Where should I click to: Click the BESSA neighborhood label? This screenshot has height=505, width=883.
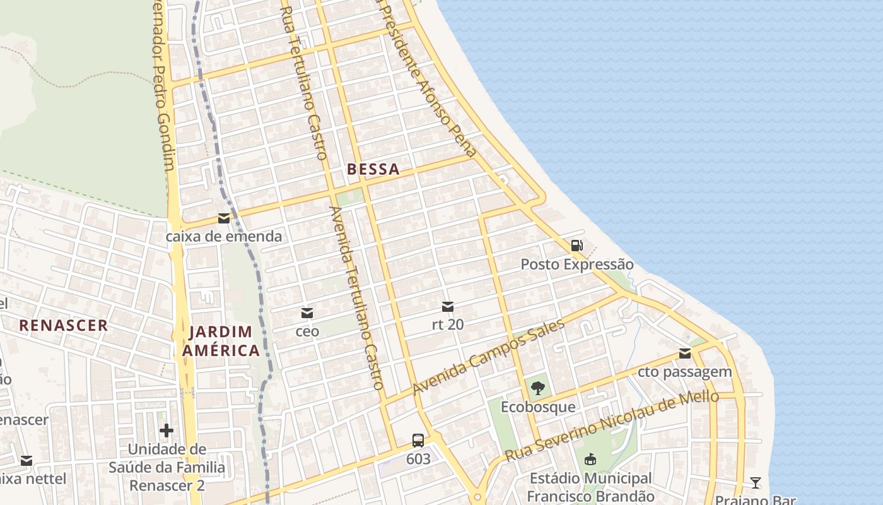373,169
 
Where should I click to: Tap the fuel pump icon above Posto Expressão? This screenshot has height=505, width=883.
576,246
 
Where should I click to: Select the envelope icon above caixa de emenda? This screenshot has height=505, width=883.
224,218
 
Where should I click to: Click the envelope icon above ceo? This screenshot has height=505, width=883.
307,312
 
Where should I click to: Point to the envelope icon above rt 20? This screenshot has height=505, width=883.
448,307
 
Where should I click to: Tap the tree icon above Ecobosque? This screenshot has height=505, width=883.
537,388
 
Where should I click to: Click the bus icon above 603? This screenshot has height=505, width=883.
418,440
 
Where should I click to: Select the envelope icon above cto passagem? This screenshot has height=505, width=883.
685,353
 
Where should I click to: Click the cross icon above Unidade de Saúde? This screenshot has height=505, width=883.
167,431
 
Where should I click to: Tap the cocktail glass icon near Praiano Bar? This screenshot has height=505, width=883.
756,483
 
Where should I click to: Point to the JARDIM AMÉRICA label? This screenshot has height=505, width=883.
221,341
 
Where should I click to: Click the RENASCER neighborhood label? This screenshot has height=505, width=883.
63,326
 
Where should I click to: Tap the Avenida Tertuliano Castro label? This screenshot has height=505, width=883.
357,297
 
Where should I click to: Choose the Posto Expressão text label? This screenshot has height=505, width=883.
576,264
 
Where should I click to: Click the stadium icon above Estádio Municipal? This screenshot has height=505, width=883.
590,459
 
